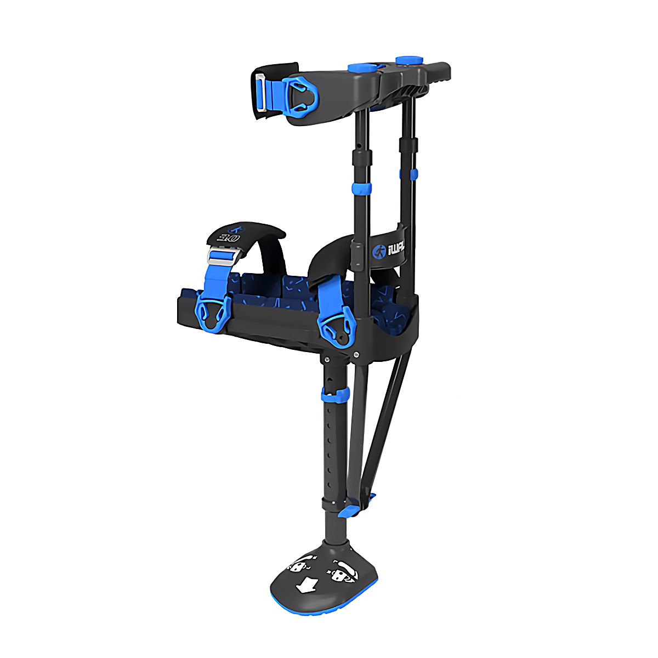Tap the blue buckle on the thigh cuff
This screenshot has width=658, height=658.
coord(300,98)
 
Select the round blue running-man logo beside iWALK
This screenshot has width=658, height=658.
coord(378,251)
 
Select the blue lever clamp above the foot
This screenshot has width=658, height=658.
coord(349,510)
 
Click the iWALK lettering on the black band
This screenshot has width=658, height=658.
coord(395,250)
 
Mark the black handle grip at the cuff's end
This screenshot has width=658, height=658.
coord(436,71)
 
